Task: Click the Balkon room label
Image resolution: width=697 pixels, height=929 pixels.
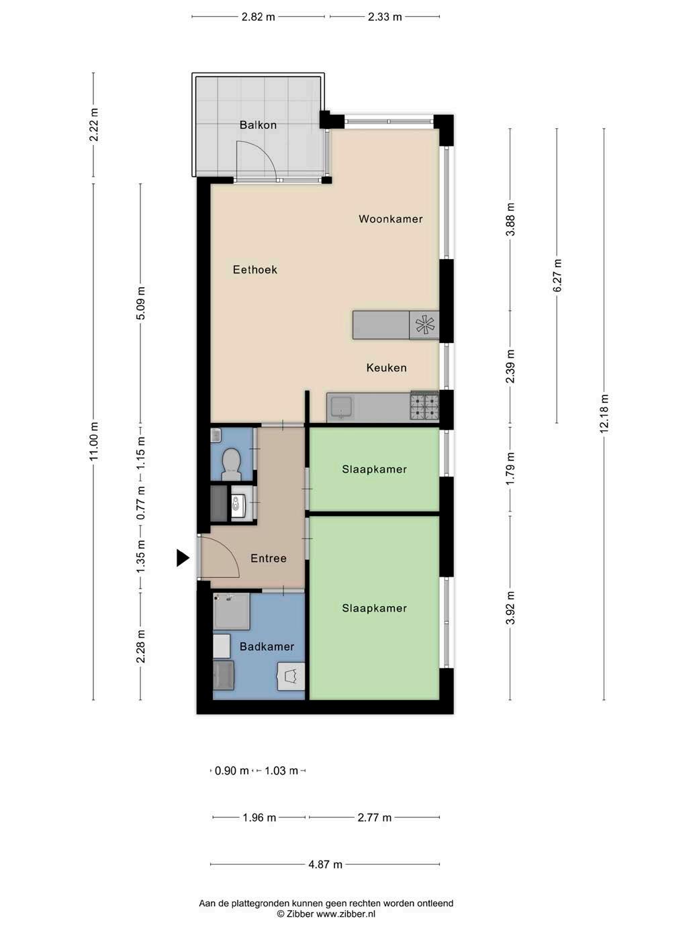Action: tap(258, 125)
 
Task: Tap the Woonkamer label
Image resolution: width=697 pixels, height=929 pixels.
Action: tap(391, 219)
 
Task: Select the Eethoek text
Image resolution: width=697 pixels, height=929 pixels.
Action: tap(254, 270)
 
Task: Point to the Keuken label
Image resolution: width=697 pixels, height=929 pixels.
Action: tap(386, 368)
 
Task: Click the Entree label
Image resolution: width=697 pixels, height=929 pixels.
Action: tap(269, 558)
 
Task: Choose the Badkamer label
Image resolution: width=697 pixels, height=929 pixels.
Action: tap(267, 646)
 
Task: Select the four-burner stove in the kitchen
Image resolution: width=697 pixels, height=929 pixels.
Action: tap(424, 406)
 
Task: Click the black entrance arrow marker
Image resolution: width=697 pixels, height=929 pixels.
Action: tap(183, 558)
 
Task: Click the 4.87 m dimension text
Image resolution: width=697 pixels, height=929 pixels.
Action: tap(325, 865)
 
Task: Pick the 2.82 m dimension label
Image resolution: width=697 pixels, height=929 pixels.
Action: tap(258, 17)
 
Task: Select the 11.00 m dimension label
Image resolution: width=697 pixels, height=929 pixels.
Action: tap(93, 440)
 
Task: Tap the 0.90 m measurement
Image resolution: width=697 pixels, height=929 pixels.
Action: tap(232, 771)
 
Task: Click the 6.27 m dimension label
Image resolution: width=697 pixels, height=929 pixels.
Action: tap(557, 275)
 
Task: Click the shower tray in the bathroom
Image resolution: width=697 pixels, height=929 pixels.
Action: tap(232, 611)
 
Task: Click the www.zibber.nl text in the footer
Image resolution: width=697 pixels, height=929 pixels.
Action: tap(346, 914)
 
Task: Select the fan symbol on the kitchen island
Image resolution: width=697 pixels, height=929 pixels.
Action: tap(424, 325)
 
